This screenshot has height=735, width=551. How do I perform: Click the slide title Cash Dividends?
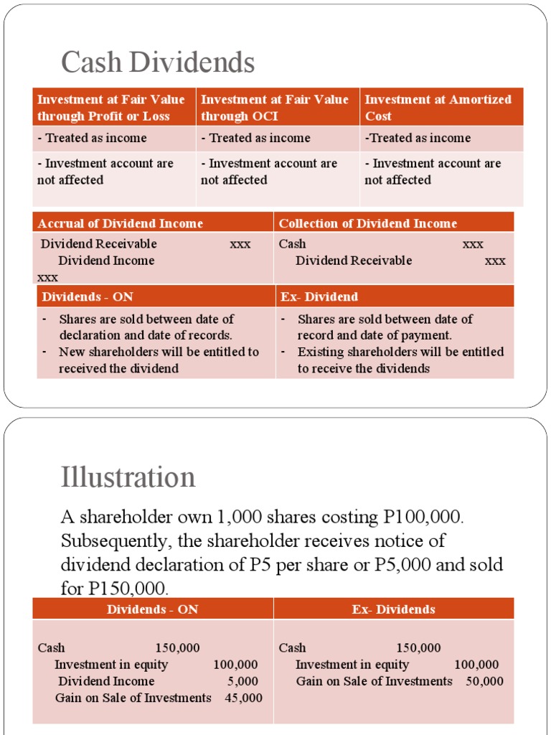pos(158,62)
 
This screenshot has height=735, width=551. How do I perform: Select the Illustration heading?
pos(128,477)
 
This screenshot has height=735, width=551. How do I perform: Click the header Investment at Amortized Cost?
pos(438,108)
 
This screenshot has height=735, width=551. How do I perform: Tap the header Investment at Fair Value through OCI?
pos(275,108)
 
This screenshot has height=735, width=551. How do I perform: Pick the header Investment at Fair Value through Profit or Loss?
pos(111,108)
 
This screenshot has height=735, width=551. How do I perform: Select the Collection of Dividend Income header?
pos(367,223)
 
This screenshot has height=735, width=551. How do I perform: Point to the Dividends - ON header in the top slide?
pos(88,296)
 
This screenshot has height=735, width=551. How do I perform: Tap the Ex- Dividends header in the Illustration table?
pos(393,609)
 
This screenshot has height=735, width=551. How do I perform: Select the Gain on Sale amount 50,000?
pos(485,681)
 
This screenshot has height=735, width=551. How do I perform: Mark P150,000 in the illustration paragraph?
pos(126,589)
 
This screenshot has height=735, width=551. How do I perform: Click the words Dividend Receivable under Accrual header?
pos(98,243)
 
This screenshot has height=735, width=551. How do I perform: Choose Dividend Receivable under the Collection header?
pos(354,261)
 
